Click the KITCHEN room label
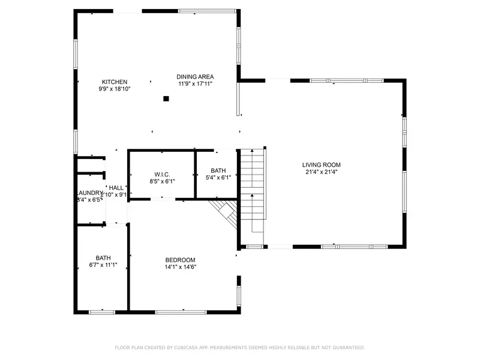pyautogui.click(x=114, y=82)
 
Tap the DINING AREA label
pyautogui.click(x=195, y=77)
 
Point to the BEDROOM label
pyautogui.click(x=181, y=260)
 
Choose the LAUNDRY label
pyautogui.click(x=89, y=193)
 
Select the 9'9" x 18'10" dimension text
pyautogui.click(x=114, y=89)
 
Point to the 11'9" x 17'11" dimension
pyautogui.click(x=195, y=84)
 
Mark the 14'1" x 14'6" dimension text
pyautogui.click(x=181, y=267)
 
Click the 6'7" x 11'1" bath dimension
pyautogui.click(x=103, y=264)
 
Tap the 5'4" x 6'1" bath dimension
pyautogui.click(x=218, y=178)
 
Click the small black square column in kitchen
pyautogui.click(x=166, y=100)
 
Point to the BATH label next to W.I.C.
pyautogui.click(x=218, y=171)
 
